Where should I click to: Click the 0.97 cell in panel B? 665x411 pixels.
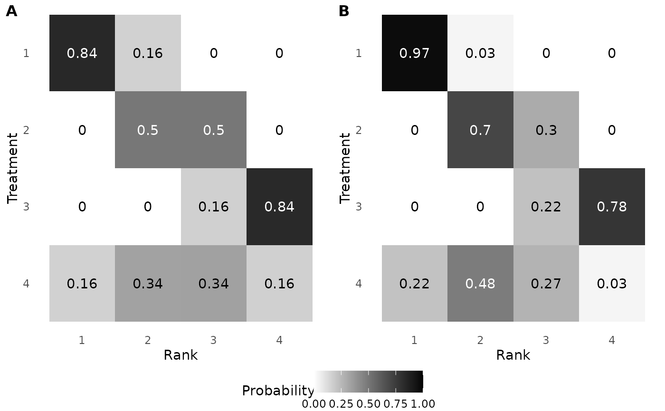click(x=415, y=53)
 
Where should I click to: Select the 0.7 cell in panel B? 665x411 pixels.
click(x=480, y=130)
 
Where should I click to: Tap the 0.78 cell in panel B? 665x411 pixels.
click(x=612, y=207)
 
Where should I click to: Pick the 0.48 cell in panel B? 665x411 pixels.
click(x=480, y=284)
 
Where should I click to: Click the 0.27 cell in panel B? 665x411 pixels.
click(x=546, y=284)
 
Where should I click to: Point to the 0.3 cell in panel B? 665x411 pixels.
click(x=546, y=130)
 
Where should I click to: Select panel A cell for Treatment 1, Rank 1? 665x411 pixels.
click(x=82, y=53)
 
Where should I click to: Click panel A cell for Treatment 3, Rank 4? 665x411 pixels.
click(x=279, y=207)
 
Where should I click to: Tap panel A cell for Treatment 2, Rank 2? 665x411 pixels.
click(x=148, y=130)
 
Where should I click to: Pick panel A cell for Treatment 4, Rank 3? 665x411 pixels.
click(x=214, y=284)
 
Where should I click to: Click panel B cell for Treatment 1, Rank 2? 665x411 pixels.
click(x=480, y=53)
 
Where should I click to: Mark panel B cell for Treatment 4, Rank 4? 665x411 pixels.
click(x=612, y=284)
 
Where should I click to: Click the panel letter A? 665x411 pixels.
click(x=11, y=11)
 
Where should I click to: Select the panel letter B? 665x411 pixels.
click(x=344, y=11)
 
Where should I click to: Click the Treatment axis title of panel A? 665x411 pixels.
click(x=13, y=168)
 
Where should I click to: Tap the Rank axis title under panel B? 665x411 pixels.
click(x=513, y=355)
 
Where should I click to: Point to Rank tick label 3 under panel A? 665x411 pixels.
click(x=213, y=340)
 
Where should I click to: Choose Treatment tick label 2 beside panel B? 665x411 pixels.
click(x=359, y=130)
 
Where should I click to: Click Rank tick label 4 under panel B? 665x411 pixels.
click(x=612, y=340)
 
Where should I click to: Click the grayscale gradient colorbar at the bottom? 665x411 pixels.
click(x=368, y=382)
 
